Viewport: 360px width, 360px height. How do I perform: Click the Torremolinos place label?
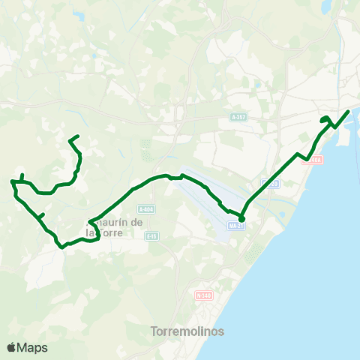tap(187, 331)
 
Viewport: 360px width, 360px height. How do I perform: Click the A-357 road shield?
tap(238, 118)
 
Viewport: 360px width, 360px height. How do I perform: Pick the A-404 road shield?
tap(146, 209)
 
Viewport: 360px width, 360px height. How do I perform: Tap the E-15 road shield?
tap(152, 236)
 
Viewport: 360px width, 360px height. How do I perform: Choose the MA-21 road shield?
tap(237, 225)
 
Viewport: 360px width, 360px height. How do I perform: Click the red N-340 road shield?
tap(203, 295)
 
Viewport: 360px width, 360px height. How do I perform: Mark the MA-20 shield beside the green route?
tap(271, 183)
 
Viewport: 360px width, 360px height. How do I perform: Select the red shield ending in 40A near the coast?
tap(315, 159)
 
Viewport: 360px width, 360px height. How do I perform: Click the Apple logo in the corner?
tap(11, 347)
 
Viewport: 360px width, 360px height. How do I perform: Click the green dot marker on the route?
tap(241, 219)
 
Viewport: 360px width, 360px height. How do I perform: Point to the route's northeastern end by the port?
tap(349, 111)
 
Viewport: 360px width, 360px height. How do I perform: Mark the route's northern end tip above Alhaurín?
tap(79, 135)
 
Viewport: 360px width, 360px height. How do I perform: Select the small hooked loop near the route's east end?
tap(325, 121)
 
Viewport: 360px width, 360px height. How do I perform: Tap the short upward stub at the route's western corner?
tap(22, 176)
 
